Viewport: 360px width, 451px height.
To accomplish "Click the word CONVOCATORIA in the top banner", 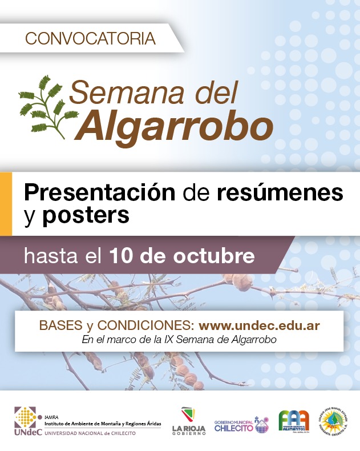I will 91,38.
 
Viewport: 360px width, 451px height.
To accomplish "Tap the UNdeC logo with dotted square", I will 26,422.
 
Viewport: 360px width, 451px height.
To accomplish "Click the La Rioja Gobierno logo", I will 189,423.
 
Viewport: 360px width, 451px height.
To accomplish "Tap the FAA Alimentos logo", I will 294,423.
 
